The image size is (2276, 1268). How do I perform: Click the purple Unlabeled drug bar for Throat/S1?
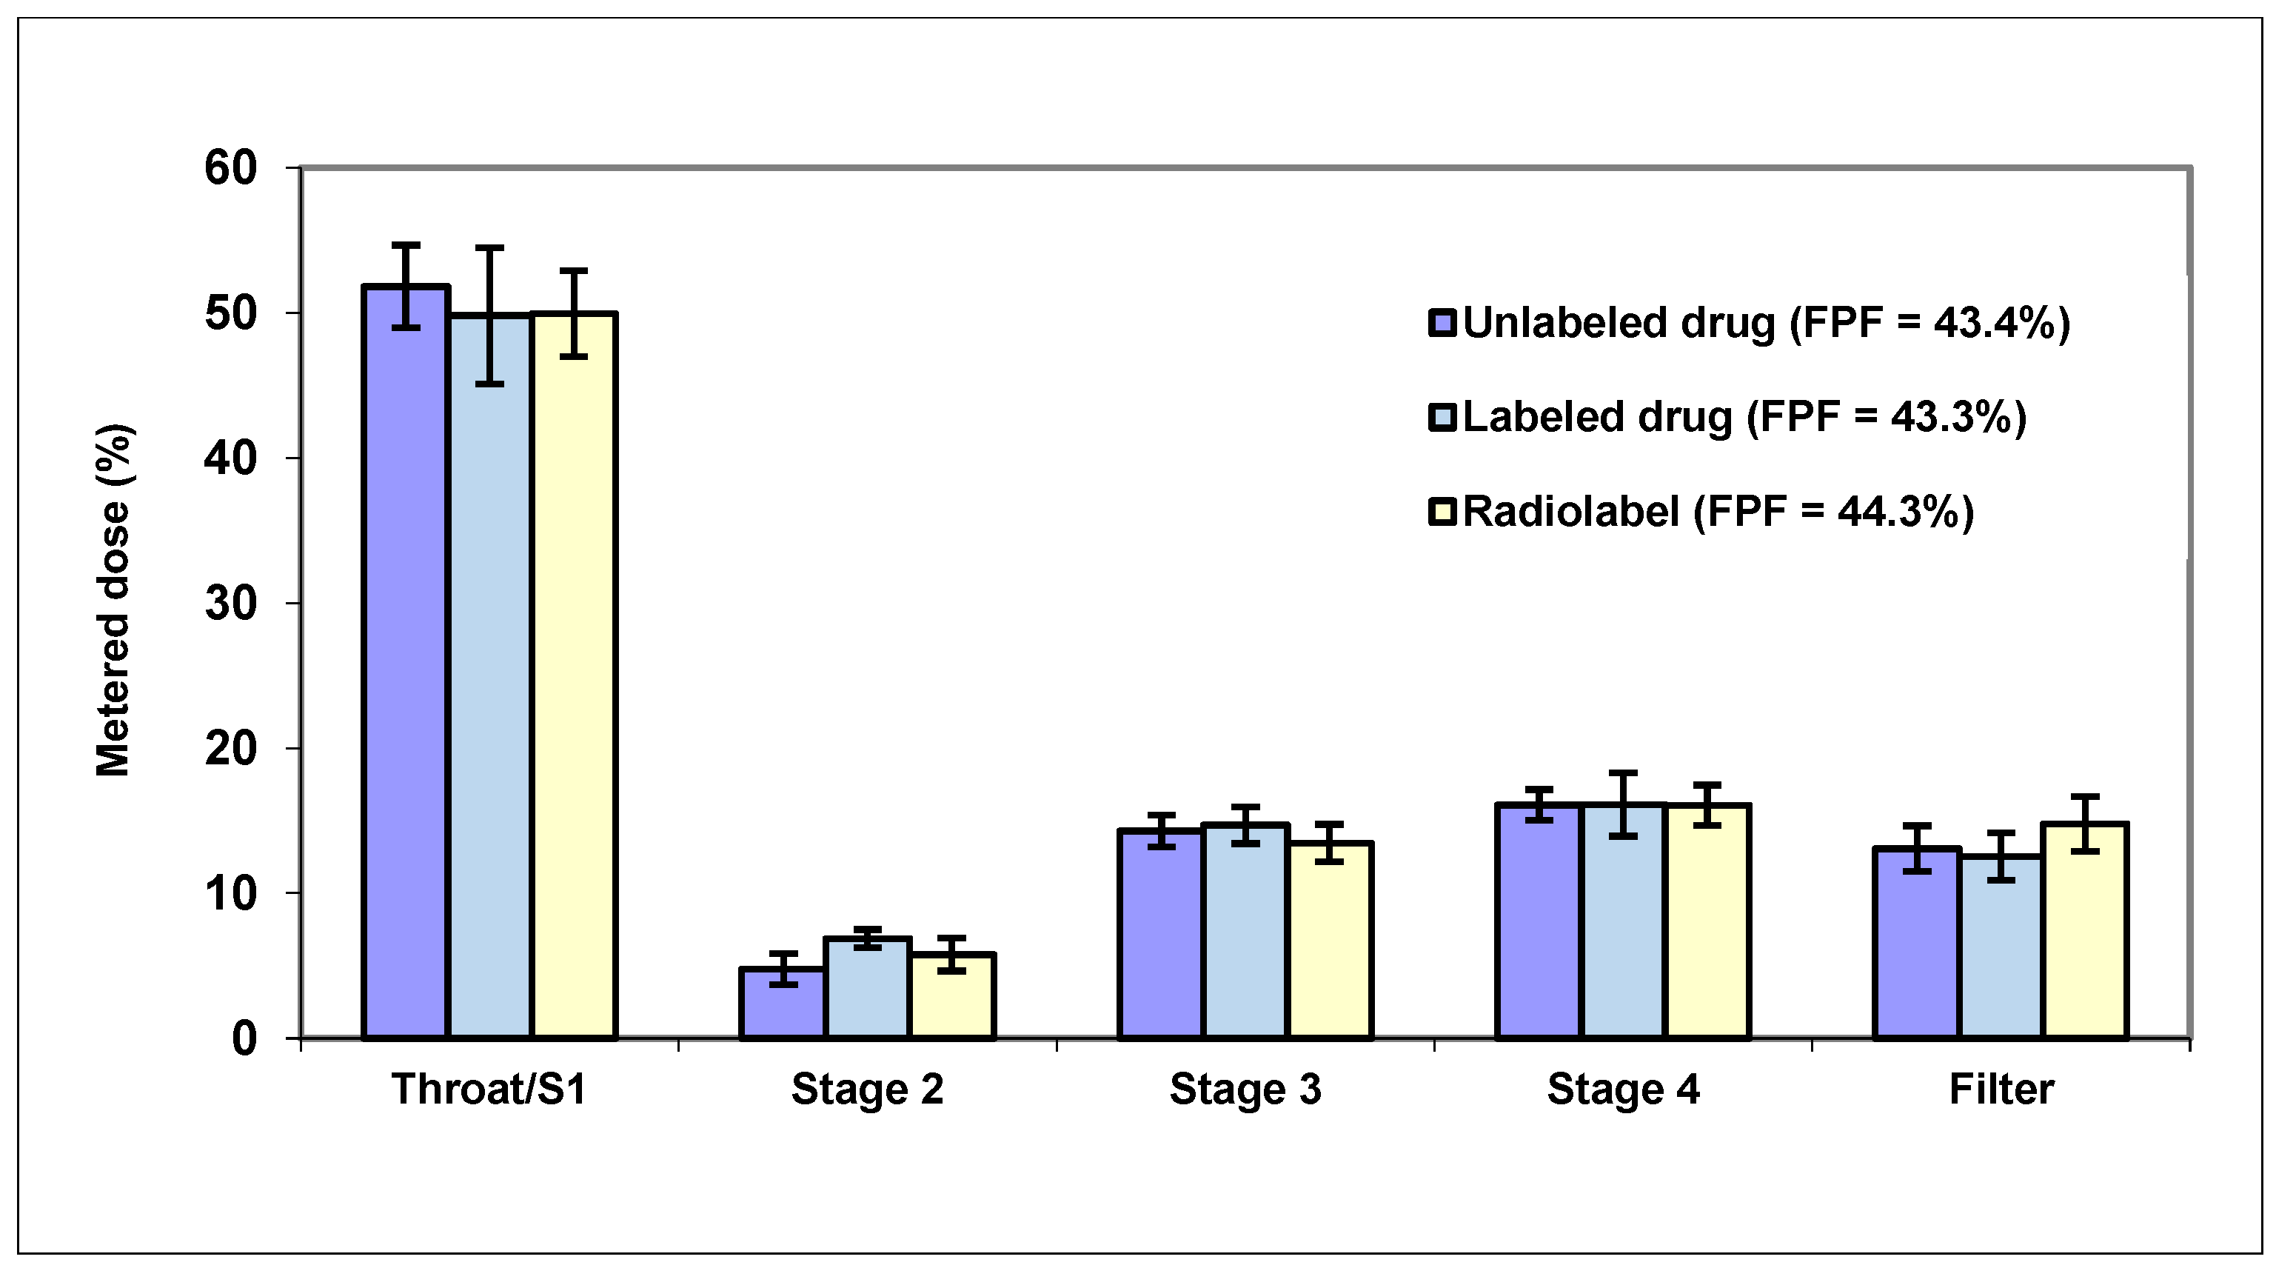point(406,663)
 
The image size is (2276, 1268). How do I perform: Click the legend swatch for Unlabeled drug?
point(1442,322)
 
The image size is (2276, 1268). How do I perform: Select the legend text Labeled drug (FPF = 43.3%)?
point(1744,417)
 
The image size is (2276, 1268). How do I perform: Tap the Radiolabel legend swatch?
point(1442,512)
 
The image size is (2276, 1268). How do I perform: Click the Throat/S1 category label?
point(489,1089)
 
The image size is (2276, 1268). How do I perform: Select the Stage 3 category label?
point(1245,1089)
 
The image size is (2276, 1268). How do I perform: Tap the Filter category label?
point(2001,1089)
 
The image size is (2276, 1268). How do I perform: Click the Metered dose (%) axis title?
point(113,601)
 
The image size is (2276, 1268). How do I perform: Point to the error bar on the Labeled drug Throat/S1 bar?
point(489,316)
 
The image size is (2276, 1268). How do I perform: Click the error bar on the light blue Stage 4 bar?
point(1623,804)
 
